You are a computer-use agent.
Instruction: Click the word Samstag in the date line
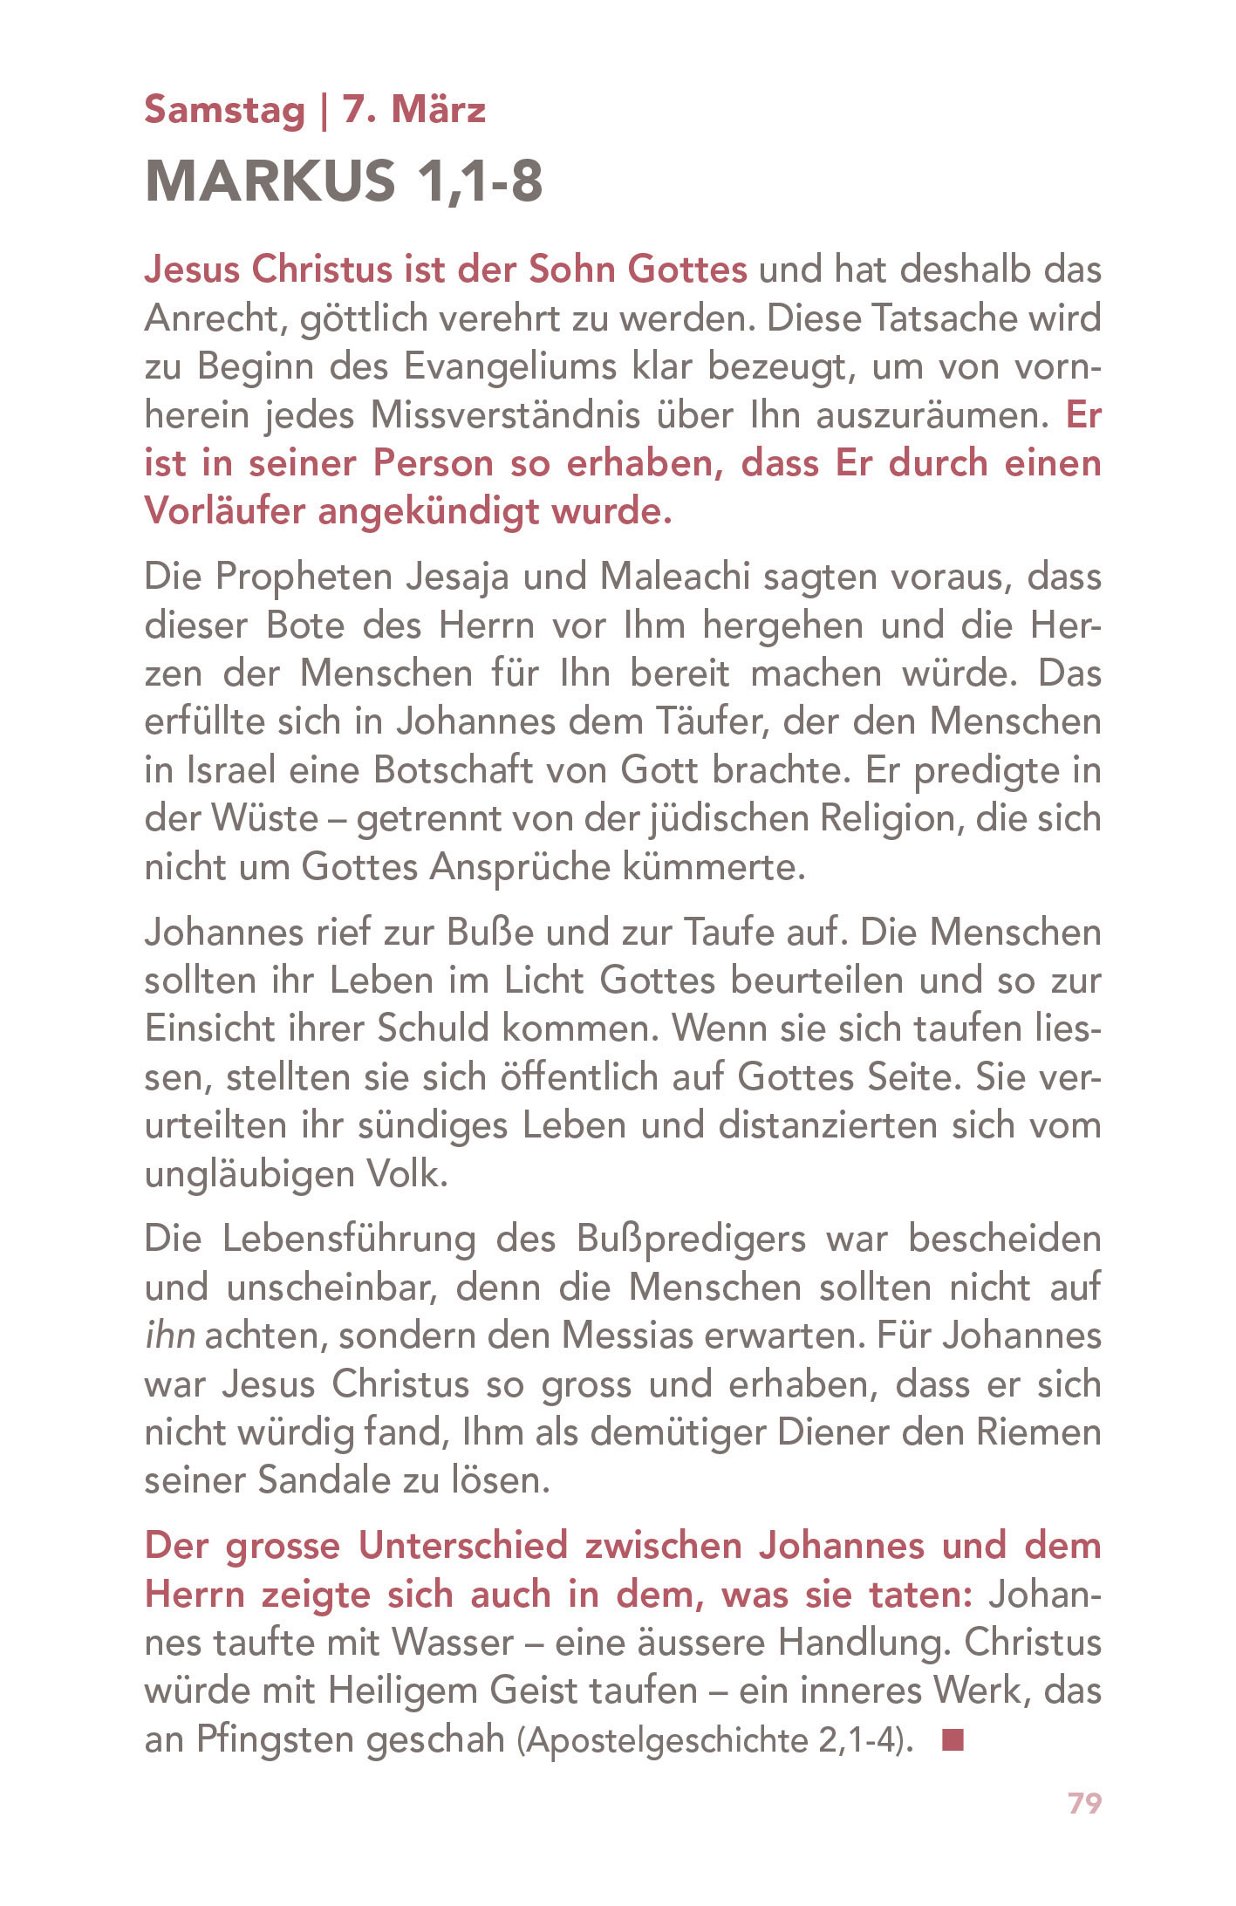coord(224,111)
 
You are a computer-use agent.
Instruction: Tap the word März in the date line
coord(438,111)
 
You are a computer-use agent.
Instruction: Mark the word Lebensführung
coord(349,1239)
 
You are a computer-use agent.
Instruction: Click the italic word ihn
coord(169,1336)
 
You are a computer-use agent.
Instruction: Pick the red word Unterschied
coord(463,1546)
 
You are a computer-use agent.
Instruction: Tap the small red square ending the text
coord(953,1741)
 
